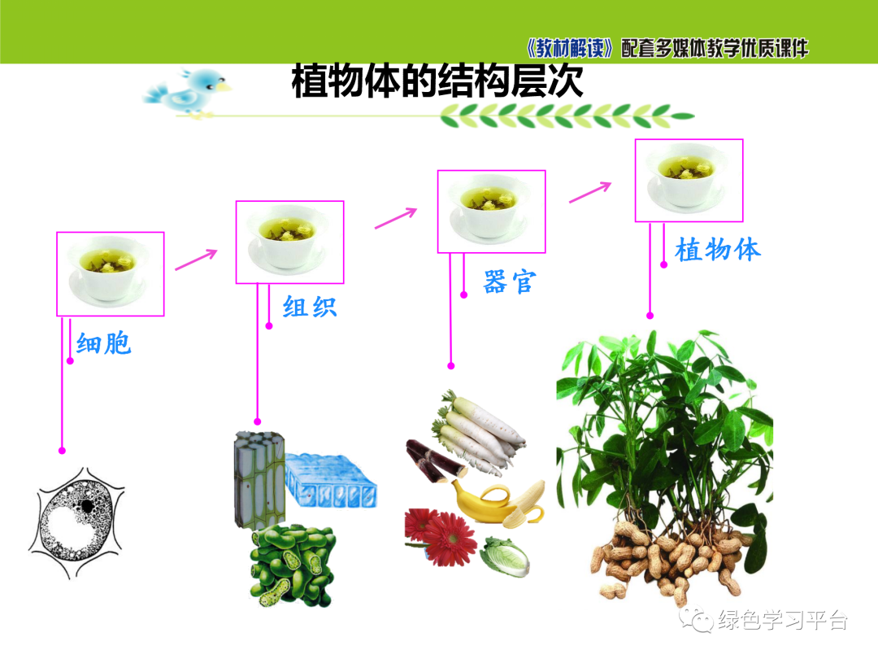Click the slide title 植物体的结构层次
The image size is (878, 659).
(437, 81)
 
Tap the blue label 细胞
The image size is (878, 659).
(103, 343)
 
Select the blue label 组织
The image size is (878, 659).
(309, 307)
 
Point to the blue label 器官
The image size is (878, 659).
(510, 281)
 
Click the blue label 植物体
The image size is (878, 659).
(718, 249)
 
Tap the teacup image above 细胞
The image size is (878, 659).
(110, 273)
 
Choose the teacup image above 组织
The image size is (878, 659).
(289, 242)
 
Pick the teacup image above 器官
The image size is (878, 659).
(491, 211)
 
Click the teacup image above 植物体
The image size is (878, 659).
(689, 180)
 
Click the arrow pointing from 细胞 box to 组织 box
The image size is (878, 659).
(196, 259)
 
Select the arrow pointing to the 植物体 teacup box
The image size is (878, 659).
(589, 192)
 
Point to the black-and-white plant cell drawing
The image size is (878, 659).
(78, 521)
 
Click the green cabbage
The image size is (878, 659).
(504, 556)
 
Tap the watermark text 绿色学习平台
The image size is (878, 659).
(783, 621)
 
